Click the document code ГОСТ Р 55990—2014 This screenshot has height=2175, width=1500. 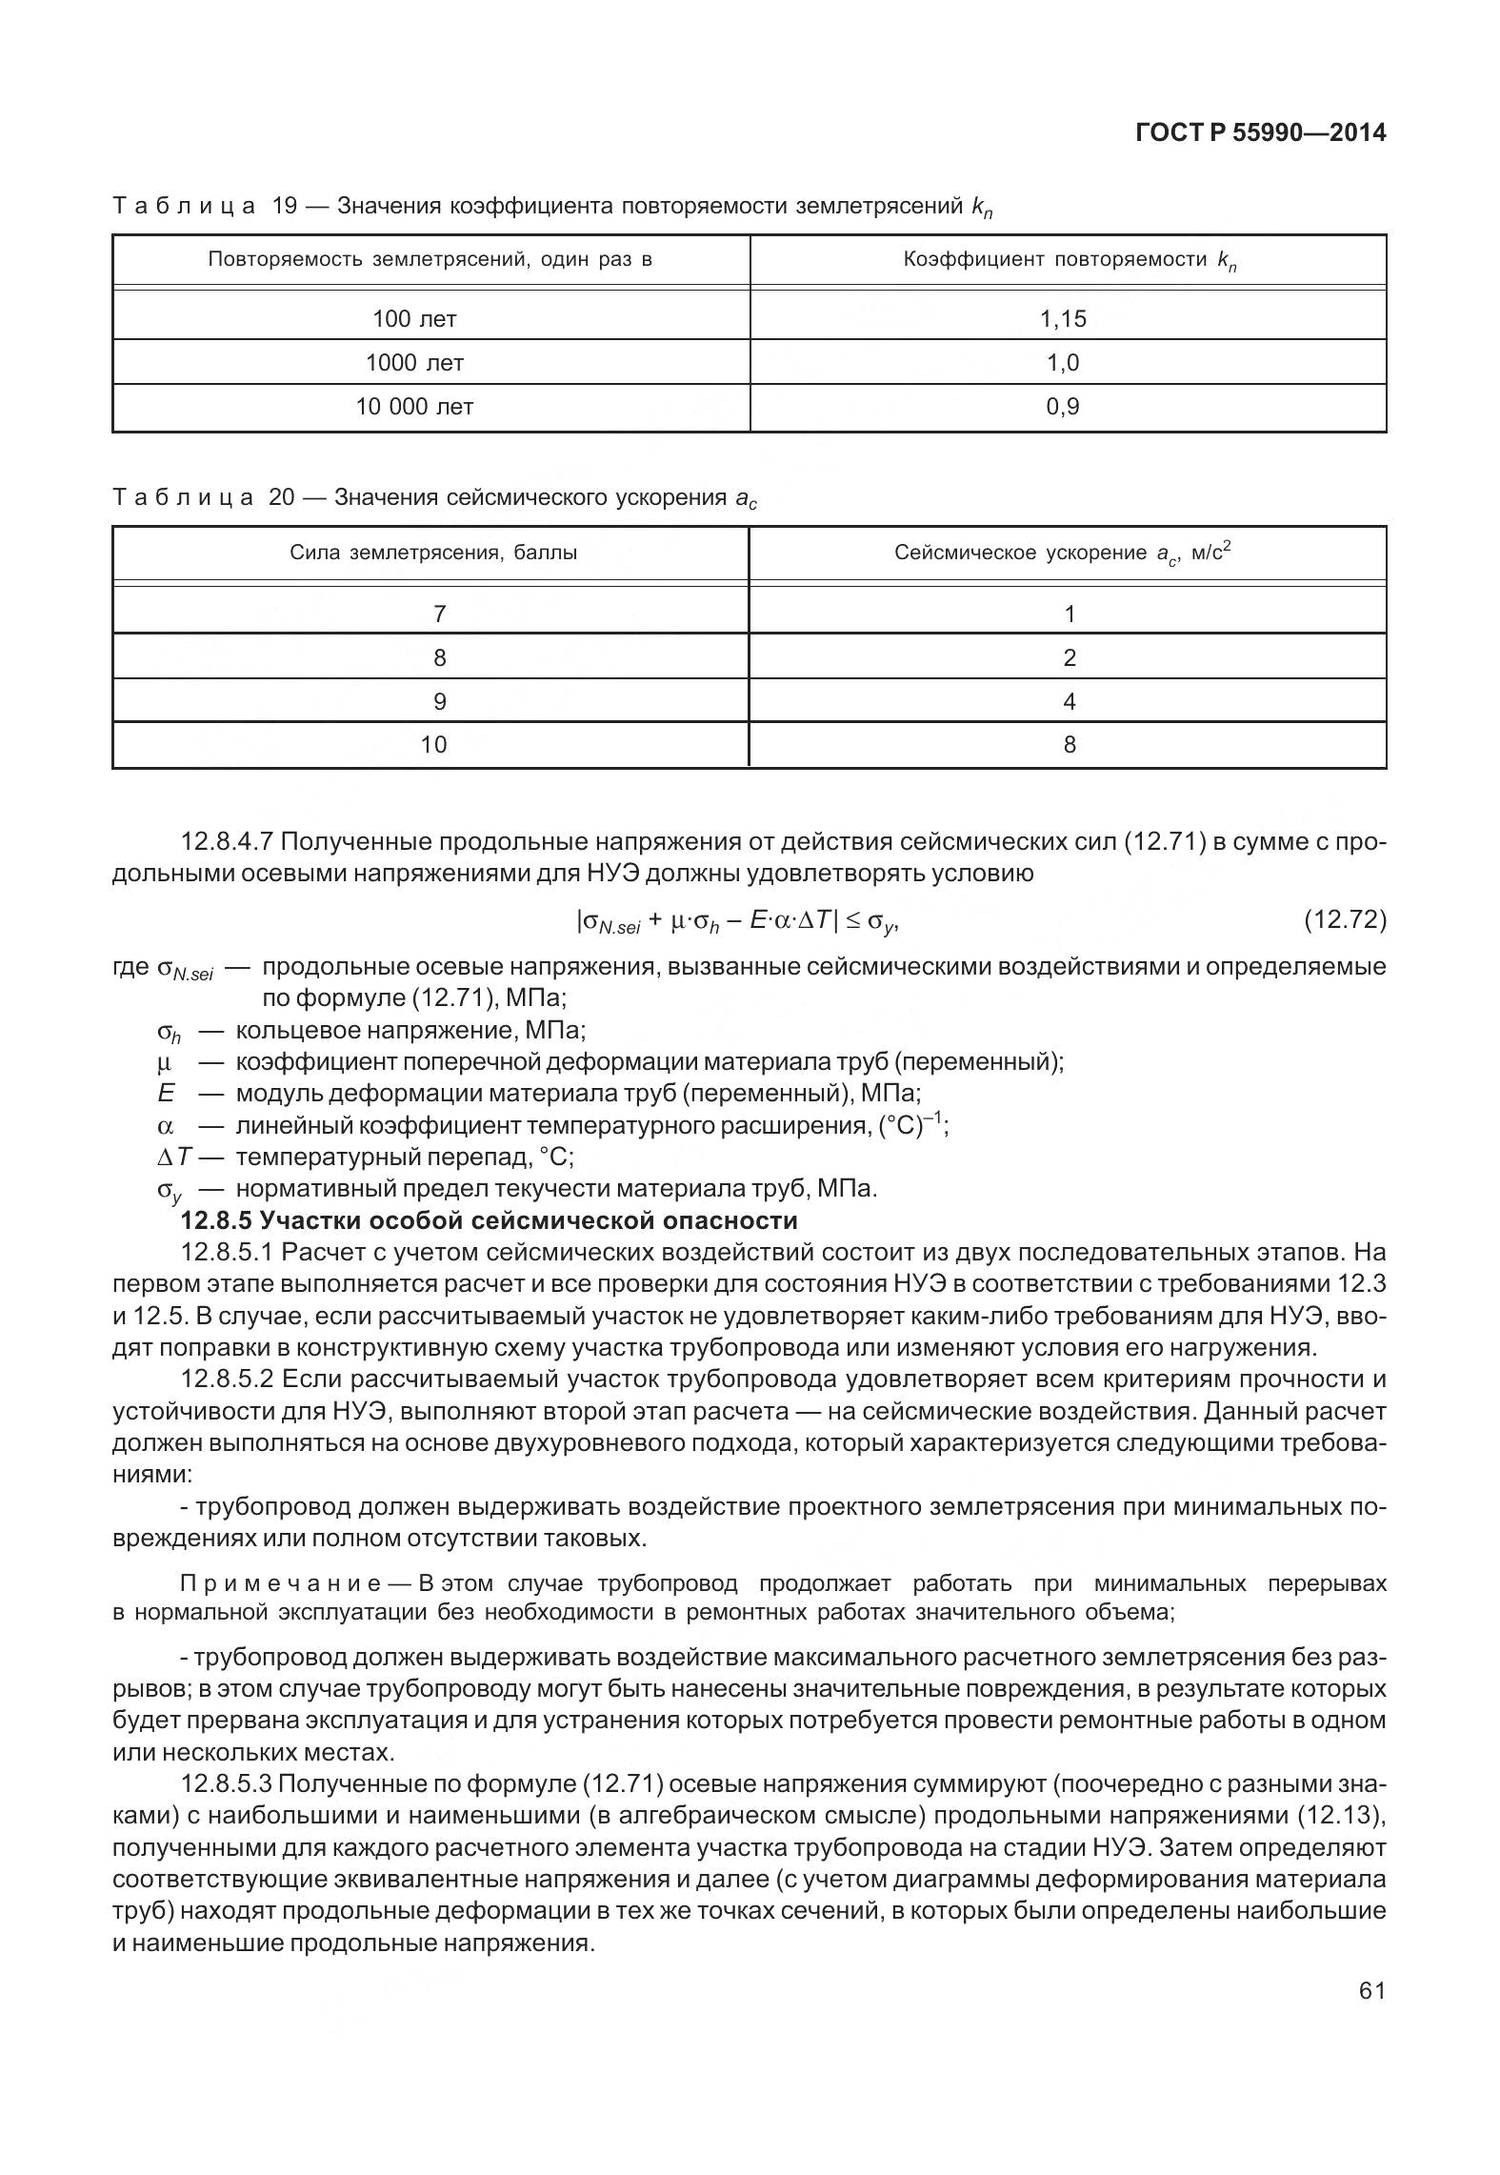(1261, 133)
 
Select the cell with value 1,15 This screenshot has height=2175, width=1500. (1063, 319)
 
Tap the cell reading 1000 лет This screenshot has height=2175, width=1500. (414, 363)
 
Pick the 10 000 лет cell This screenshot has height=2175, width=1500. (414, 407)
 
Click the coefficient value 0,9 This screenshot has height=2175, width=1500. (1063, 407)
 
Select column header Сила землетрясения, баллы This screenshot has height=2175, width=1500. (433, 553)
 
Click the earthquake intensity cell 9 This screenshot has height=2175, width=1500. (439, 702)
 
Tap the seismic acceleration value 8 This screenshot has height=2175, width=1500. (1069, 745)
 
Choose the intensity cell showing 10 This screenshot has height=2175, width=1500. (433, 745)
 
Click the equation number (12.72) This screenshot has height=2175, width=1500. (1344, 919)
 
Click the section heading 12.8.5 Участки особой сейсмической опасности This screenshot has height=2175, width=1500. (489, 1220)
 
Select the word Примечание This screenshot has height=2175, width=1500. (281, 1583)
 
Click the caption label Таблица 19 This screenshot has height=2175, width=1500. (203, 206)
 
